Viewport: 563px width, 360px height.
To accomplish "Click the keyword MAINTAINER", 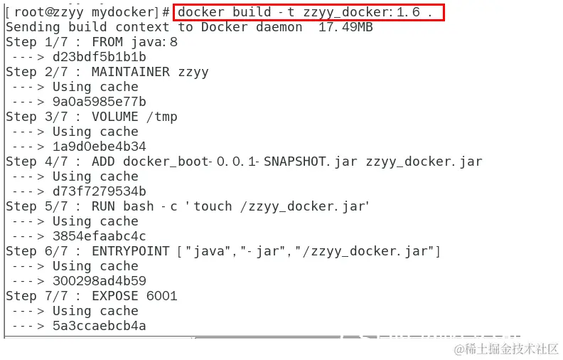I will tap(131, 72).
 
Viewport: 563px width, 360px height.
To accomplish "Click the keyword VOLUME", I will tap(115, 117).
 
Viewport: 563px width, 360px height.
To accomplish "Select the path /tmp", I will tap(162, 117).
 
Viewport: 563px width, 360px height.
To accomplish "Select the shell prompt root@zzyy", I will tap(48, 12).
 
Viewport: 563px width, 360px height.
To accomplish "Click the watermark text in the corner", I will tap(506, 349).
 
